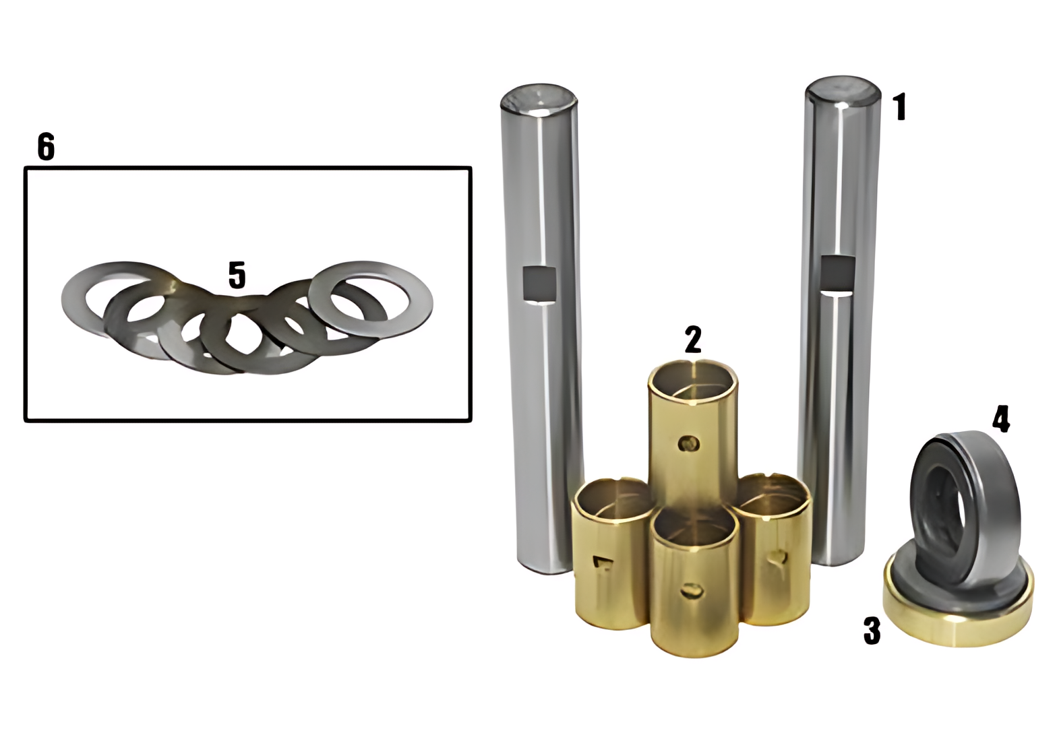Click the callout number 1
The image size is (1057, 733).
(x=900, y=106)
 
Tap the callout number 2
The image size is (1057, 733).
(x=693, y=339)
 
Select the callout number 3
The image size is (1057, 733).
(x=872, y=631)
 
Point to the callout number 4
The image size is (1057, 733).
(x=1001, y=419)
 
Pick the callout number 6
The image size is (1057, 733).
(x=47, y=147)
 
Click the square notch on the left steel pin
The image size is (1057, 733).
(x=540, y=283)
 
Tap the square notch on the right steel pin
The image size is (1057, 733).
(x=837, y=273)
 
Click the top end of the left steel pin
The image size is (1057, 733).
(x=539, y=100)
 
